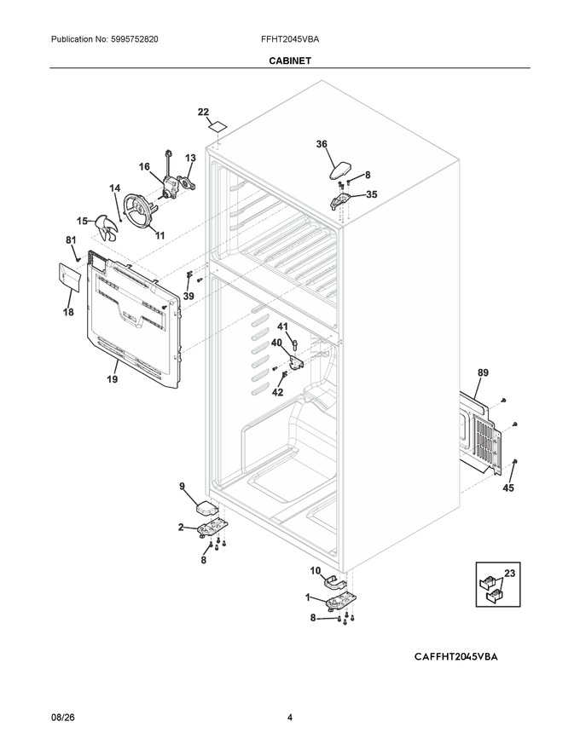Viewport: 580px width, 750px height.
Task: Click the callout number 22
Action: pos(203,112)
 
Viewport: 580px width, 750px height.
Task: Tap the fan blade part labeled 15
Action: pos(106,228)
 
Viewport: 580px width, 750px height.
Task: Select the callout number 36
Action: pos(322,144)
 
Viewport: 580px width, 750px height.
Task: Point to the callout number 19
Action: pos(112,379)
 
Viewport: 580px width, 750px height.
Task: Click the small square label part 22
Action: pos(217,128)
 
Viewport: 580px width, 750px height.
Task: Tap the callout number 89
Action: pos(483,372)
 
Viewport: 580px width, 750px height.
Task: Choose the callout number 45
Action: pos(507,487)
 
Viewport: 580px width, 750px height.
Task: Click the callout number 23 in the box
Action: pos(510,573)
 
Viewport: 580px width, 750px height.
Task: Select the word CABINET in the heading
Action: pos(290,61)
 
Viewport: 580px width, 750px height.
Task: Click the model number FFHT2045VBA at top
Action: pos(290,39)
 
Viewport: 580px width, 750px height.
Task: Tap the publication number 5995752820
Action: pos(135,39)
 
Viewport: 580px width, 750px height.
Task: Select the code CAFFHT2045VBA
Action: pos(456,657)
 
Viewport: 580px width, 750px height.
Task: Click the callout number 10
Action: pos(316,571)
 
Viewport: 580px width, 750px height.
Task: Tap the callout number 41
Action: pos(282,326)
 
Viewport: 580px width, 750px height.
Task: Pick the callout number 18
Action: pos(68,312)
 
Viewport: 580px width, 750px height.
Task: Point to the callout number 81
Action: pos(71,239)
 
